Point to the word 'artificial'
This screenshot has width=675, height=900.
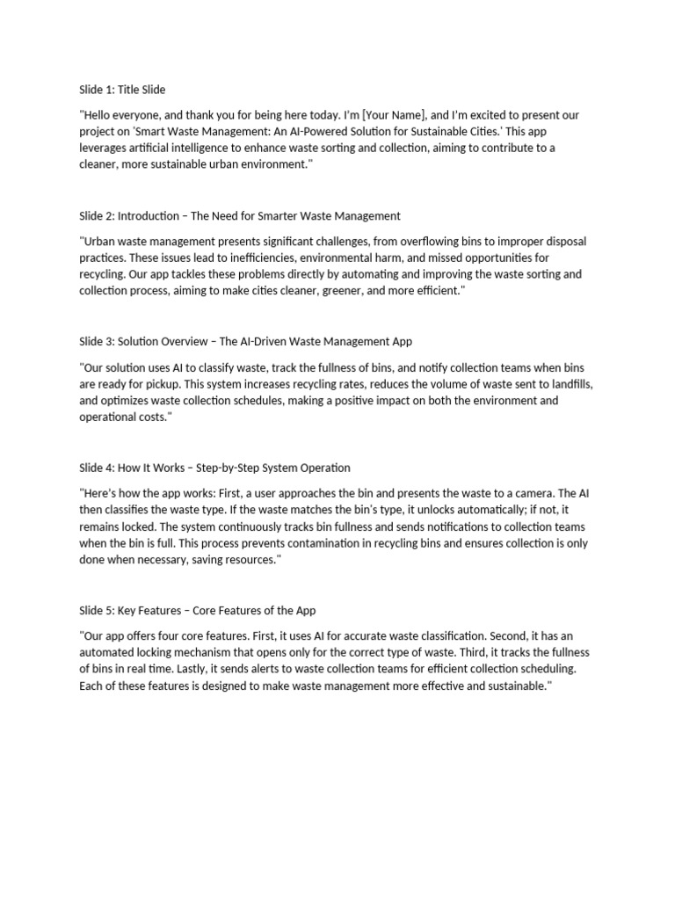coord(154,149)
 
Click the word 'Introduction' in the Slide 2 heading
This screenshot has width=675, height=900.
coord(150,215)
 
